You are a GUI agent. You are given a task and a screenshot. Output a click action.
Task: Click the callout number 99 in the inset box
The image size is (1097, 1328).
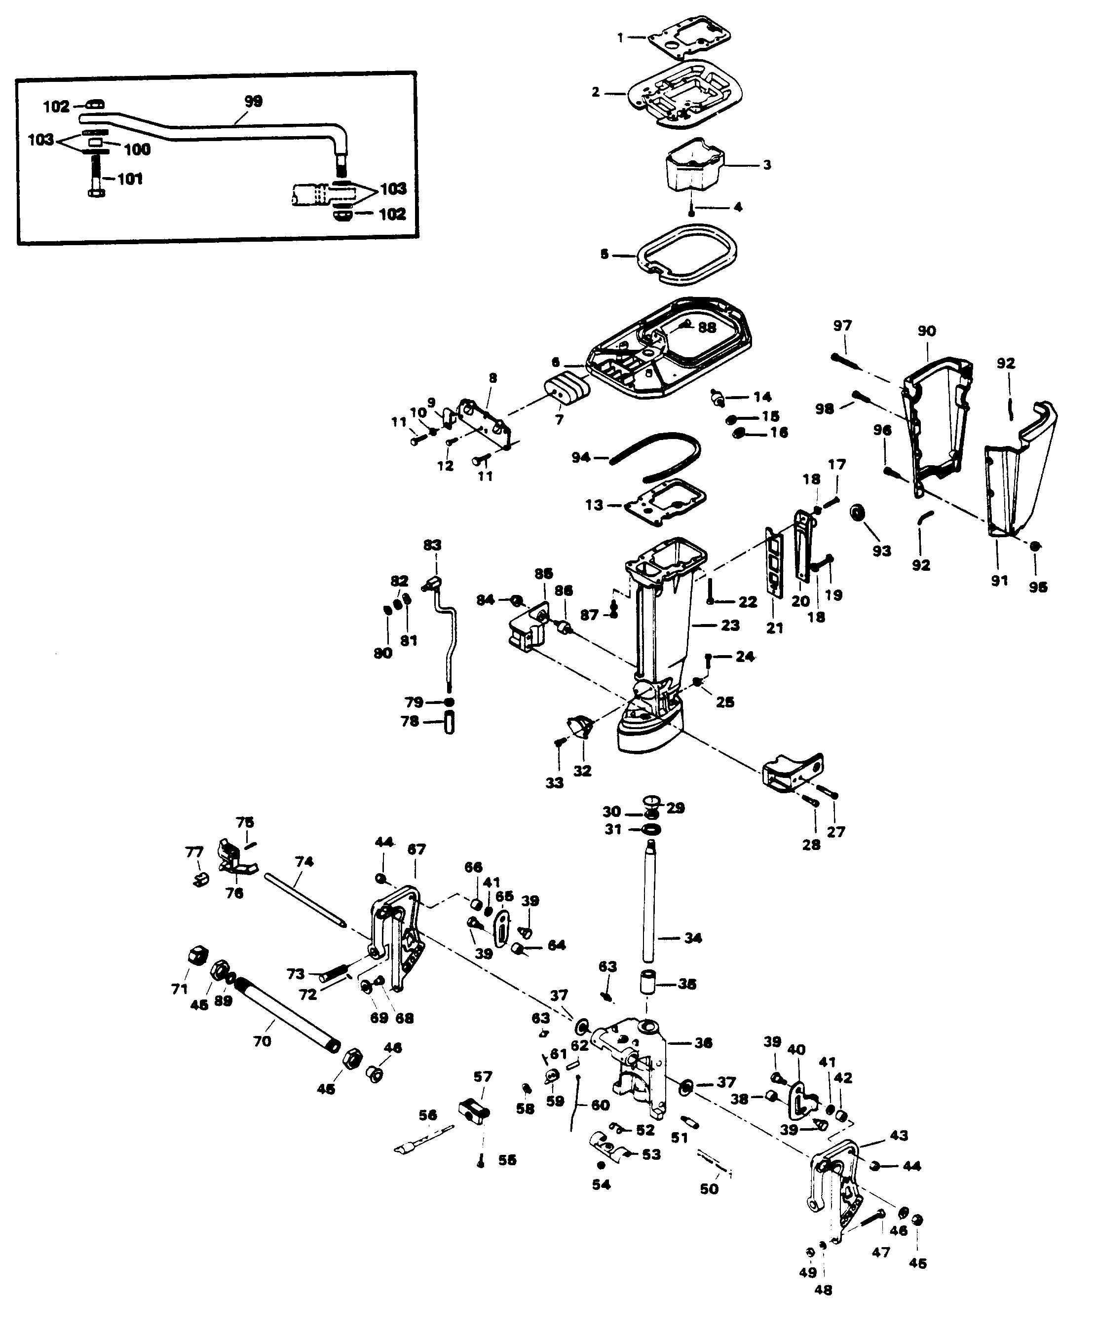253,101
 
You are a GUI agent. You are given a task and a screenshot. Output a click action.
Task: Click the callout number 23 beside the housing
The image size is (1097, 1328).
730,626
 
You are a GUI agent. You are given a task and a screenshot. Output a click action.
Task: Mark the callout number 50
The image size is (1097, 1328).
709,1188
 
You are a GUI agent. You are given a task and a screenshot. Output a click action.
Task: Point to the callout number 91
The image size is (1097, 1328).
999,580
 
